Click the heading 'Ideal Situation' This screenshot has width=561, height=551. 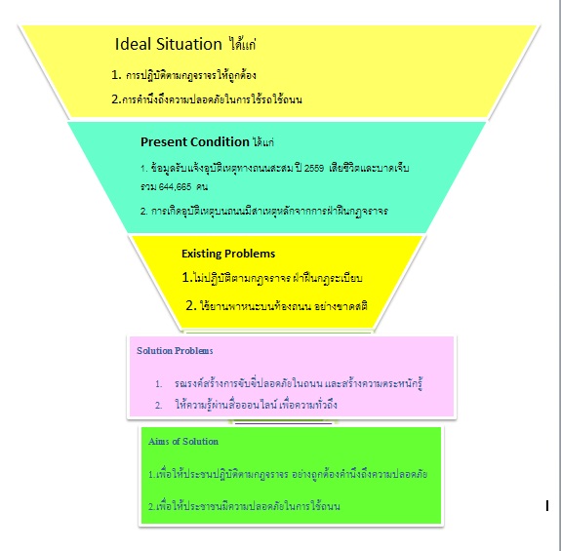click(169, 44)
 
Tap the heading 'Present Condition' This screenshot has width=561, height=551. click(194, 142)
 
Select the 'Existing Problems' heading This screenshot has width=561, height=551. click(228, 254)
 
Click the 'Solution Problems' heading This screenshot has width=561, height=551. click(175, 351)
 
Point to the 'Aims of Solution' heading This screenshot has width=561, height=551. click(183, 442)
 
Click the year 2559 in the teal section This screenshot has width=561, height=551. click(314, 168)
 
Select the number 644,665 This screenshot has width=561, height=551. click(175, 186)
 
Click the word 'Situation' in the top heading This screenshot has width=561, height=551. click(189, 44)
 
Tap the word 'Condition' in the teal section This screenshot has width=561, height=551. click(220, 142)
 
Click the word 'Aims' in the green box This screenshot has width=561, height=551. click(159, 442)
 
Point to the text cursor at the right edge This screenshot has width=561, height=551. click(547, 506)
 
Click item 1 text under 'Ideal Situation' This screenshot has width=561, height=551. click(183, 75)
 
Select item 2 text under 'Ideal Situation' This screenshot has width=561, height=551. click(207, 99)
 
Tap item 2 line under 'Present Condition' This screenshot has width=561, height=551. click(264, 211)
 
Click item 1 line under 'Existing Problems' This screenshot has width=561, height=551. click(272, 278)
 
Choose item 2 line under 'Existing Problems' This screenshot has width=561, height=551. click(276, 306)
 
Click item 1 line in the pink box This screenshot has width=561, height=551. click(289, 383)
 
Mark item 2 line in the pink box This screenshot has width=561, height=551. click(246, 405)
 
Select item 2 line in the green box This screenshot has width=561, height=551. click(244, 506)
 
